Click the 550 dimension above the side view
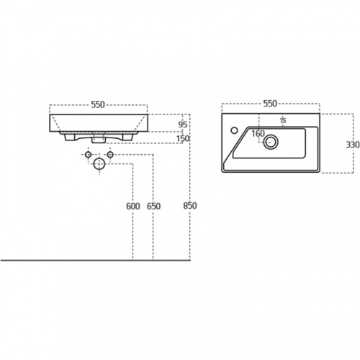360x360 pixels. coord(98,104)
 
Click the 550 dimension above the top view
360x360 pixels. coord(270,104)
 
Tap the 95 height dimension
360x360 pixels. coord(183,125)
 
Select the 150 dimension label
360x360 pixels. coord(183,139)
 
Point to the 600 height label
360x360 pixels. coord(133,206)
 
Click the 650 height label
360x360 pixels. coord(153,206)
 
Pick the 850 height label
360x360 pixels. coord(190,206)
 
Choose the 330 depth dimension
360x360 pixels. coord(353,145)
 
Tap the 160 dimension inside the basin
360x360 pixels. coord(258,133)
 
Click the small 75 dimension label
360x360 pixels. coord(283,121)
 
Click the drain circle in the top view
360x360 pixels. coord(271,142)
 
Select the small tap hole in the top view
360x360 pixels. coord(234,130)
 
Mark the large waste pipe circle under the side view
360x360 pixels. coord(99,164)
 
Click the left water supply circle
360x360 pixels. coord(88,155)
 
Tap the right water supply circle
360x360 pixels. coord(110,155)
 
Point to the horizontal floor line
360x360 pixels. coord(96,260)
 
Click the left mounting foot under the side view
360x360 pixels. coord(70,137)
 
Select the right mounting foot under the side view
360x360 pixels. coord(127,137)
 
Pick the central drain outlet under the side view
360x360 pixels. coord(99,139)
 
